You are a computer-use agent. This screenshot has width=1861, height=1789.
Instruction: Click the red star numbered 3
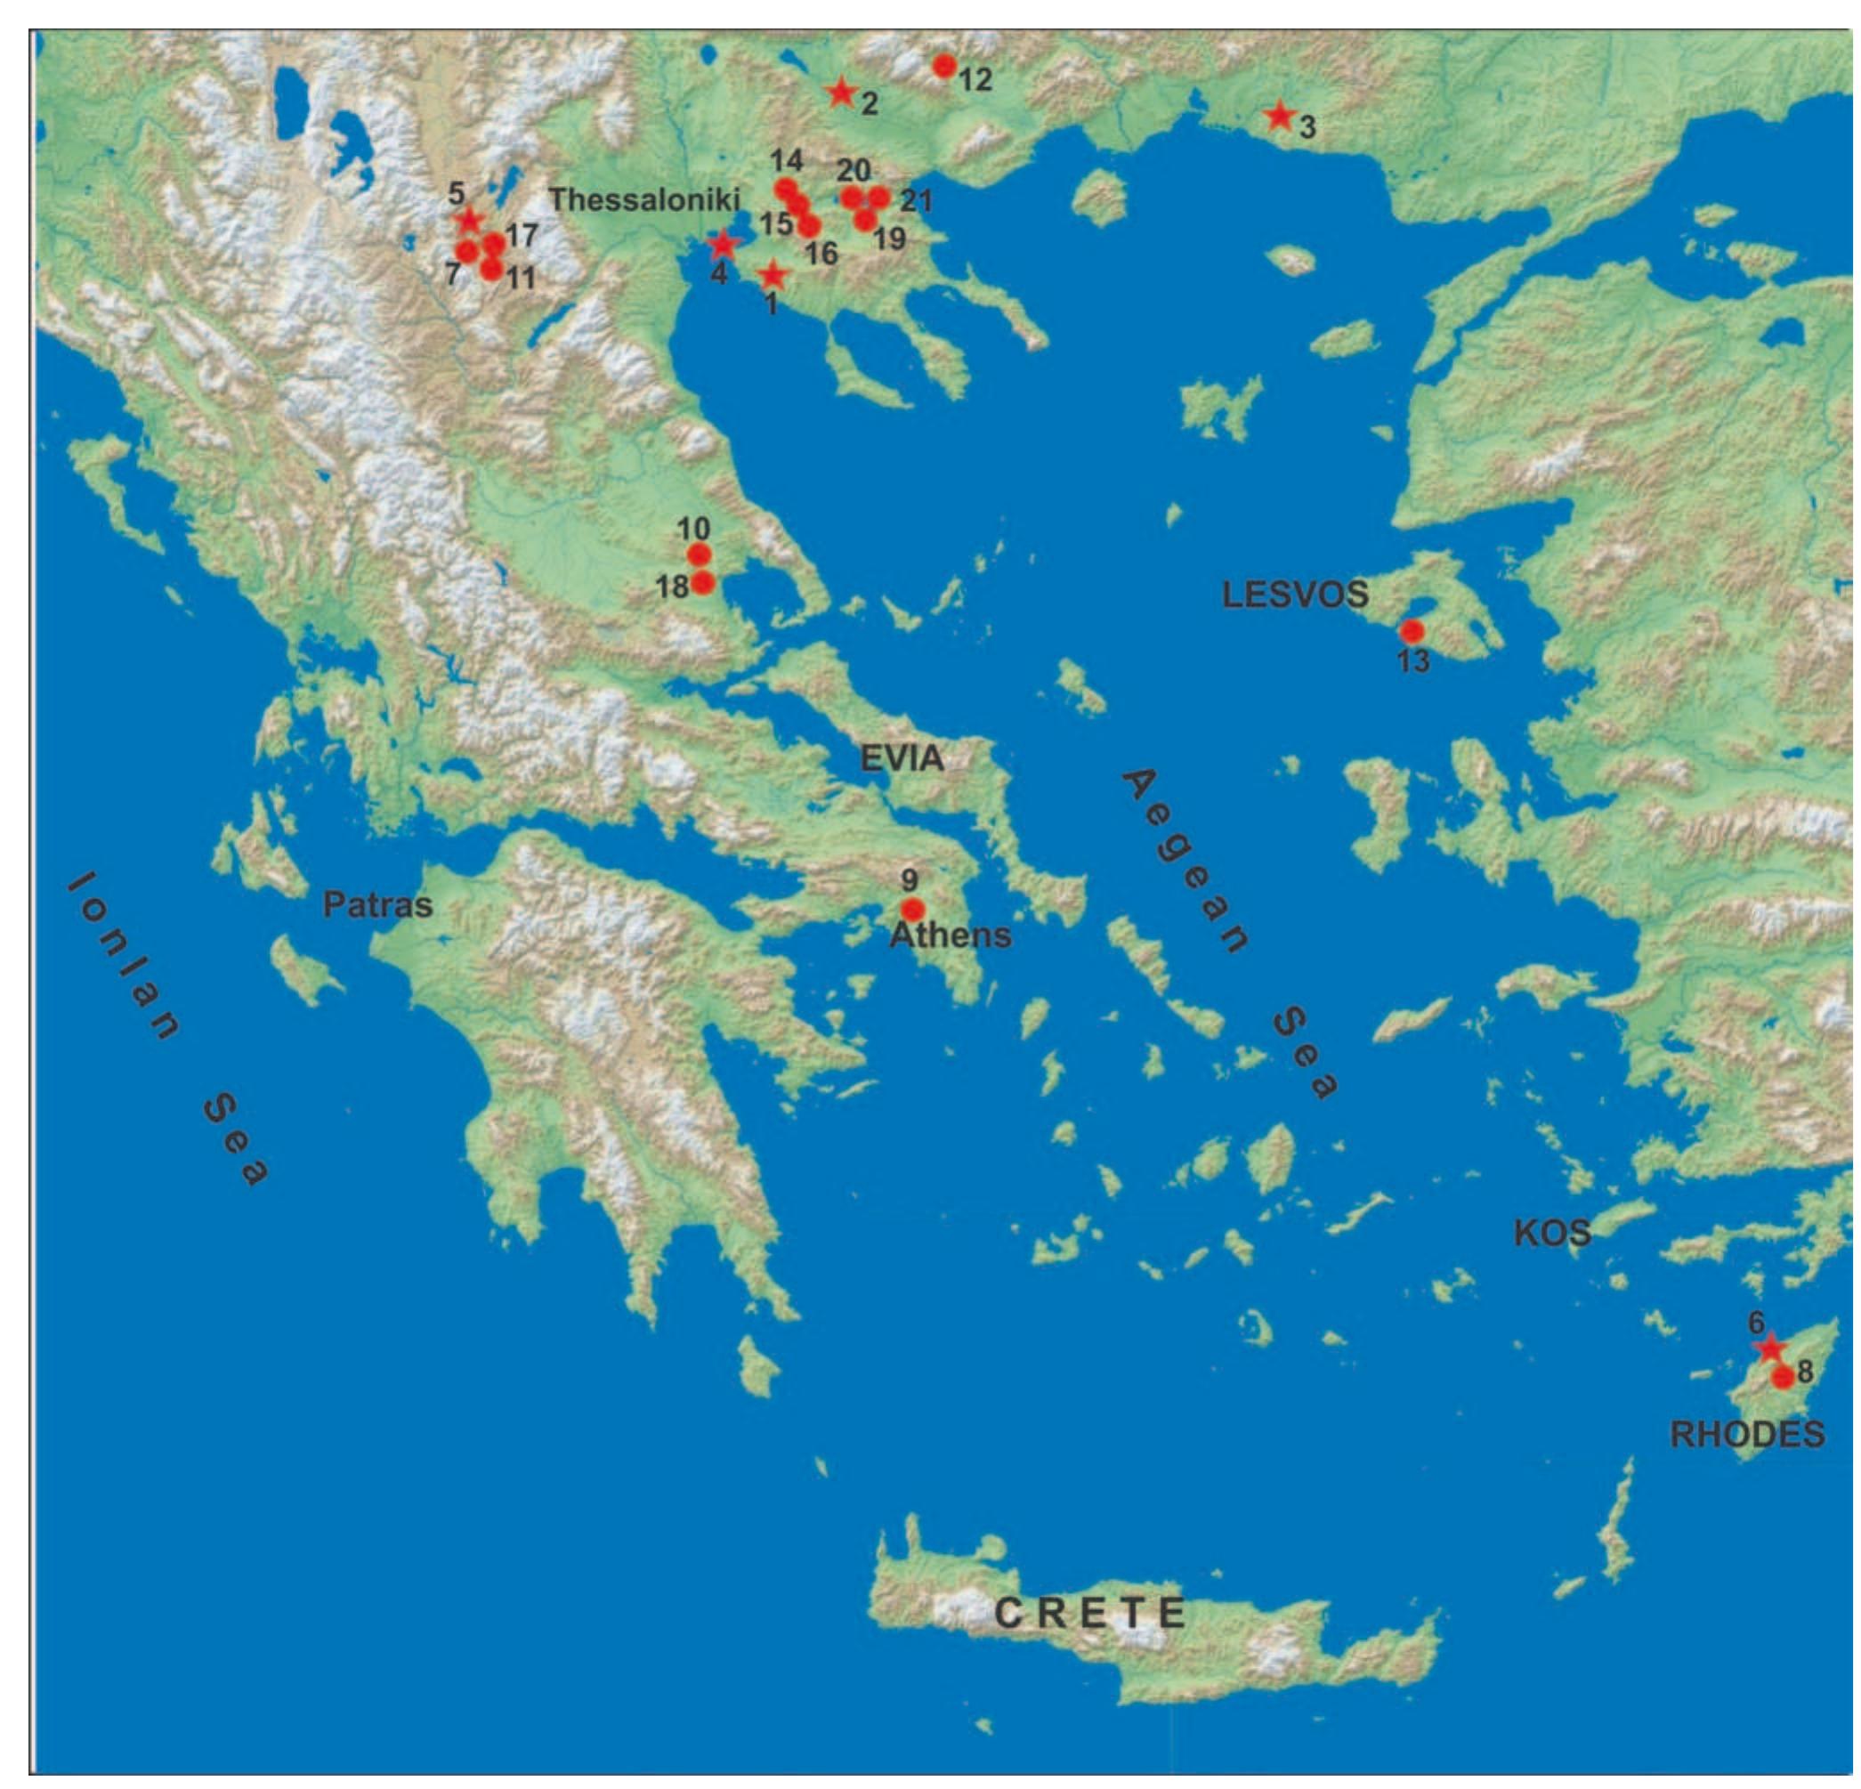[1280, 116]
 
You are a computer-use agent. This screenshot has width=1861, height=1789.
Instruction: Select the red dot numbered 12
[943, 66]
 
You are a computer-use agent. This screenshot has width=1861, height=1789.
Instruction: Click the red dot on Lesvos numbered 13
[1412, 630]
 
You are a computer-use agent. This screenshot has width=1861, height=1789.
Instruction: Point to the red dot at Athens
[911, 909]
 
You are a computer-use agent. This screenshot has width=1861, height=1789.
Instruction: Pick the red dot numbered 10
[699, 554]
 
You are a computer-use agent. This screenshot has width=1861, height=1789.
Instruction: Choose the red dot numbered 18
[702, 582]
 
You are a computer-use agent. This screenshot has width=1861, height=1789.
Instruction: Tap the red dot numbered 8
[1784, 1376]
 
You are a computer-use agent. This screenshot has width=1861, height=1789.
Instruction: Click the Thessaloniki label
[643, 199]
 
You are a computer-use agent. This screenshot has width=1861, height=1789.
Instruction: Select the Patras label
[377, 904]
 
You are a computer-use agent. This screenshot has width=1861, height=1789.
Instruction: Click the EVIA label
[901, 757]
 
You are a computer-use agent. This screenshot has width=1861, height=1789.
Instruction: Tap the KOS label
[1551, 1234]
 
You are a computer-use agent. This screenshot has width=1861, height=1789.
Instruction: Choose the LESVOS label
[1294, 595]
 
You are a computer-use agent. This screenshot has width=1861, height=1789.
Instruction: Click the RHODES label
[1747, 1433]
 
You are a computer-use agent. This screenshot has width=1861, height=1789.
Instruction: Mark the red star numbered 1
[773, 275]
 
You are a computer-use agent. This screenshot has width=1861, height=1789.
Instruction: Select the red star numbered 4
[723, 245]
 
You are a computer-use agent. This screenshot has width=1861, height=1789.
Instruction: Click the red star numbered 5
[469, 222]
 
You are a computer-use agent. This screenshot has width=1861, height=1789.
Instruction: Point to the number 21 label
[915, 200]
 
